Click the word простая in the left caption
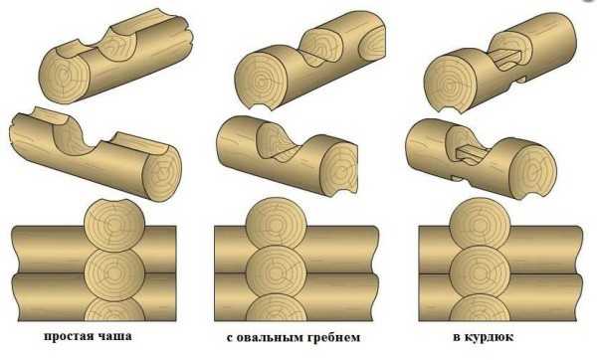click(x=68, y=336)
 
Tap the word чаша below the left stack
click(x=114, y=336)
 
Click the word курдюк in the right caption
click(x=490, y=337)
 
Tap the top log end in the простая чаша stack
click(x=114, y=226)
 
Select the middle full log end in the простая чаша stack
click(x=114, y=274)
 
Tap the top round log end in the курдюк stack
click(x=480, y=223)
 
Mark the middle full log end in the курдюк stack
click(x=480, y=271)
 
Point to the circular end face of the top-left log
click(x=64, y=80)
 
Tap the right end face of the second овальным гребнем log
click(x=338, y=167)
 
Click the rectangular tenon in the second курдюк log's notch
click(x=472, y=153)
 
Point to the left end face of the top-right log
click(x=450, y=84)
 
